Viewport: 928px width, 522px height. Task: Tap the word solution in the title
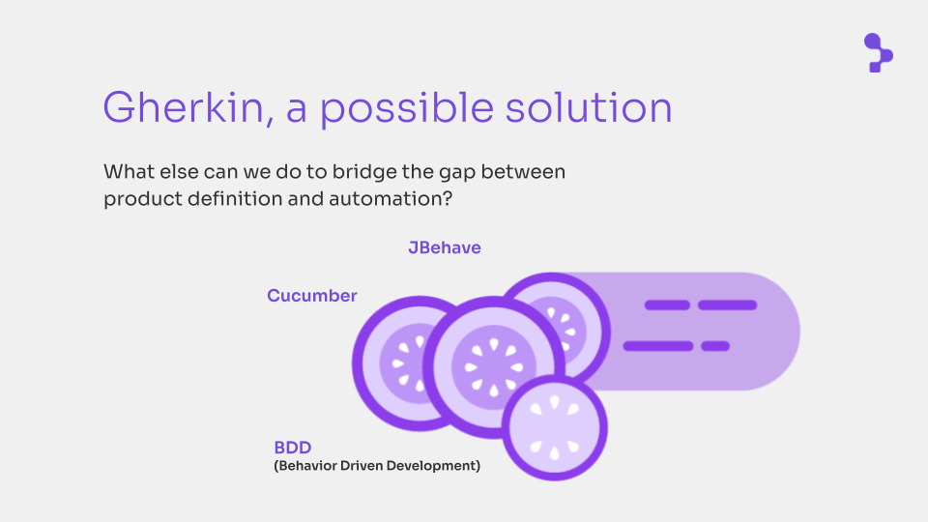coord(589,107)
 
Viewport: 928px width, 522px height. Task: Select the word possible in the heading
coord(407,109)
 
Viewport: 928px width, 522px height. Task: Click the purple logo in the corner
coord(879,52)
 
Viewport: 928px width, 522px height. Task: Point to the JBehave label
coord(445,247)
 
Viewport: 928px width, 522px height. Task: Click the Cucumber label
coord(312,296)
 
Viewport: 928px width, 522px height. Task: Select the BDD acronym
coord(292,447)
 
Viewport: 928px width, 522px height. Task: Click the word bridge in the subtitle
coord(364,172)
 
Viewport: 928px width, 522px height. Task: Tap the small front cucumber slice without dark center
coord(555,428)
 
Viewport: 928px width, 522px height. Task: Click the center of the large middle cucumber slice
coord(494,367)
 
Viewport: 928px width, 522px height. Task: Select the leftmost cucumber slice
coord(391,363)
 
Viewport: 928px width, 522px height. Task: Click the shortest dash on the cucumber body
coord(715,346)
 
